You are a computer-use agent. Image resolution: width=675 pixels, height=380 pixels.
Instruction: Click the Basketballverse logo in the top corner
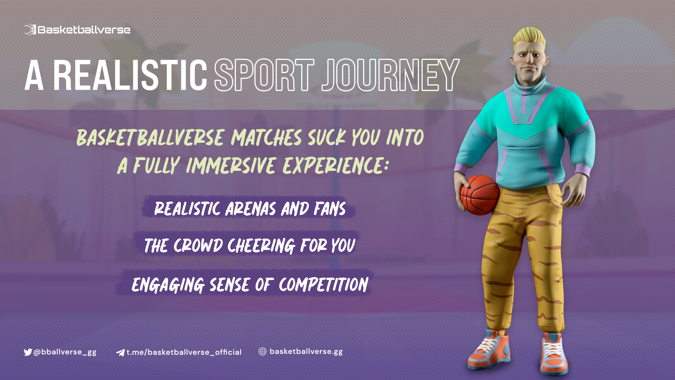pos(77,30)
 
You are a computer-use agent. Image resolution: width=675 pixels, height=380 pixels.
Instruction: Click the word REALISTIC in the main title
pos(130,75)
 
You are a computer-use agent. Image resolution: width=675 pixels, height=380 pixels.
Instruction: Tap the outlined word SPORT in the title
pos(264,75)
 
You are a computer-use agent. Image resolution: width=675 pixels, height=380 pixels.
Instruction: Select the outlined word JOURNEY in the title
pos(391,75)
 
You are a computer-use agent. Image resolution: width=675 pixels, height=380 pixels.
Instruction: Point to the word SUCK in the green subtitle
pos(327,138)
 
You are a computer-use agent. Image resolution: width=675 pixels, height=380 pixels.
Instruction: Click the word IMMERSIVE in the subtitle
pos(231,165)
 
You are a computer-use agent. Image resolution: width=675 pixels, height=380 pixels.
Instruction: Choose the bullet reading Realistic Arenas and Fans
pos(250,208)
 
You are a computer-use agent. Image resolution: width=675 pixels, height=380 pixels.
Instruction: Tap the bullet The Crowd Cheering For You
pos(249,245)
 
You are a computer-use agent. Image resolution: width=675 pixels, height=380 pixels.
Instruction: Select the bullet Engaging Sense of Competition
pos(250,284)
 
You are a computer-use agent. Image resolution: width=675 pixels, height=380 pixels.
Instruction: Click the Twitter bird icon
pos(28,352)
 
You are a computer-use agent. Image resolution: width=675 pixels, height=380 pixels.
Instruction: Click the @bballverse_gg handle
pos(65,352)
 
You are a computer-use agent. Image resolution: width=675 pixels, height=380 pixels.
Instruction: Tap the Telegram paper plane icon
pos(120,352)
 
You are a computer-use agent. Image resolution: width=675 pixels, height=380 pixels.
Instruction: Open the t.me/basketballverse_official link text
pos(184,352)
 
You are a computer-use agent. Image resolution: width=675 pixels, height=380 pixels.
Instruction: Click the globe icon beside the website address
pos(262,351)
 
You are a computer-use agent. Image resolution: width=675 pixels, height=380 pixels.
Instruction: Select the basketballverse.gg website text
pos(306,352)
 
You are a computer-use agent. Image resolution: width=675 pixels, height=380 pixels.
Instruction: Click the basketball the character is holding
pos(480,195)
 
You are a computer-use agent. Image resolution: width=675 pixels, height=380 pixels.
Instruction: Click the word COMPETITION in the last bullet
pos(323,284)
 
